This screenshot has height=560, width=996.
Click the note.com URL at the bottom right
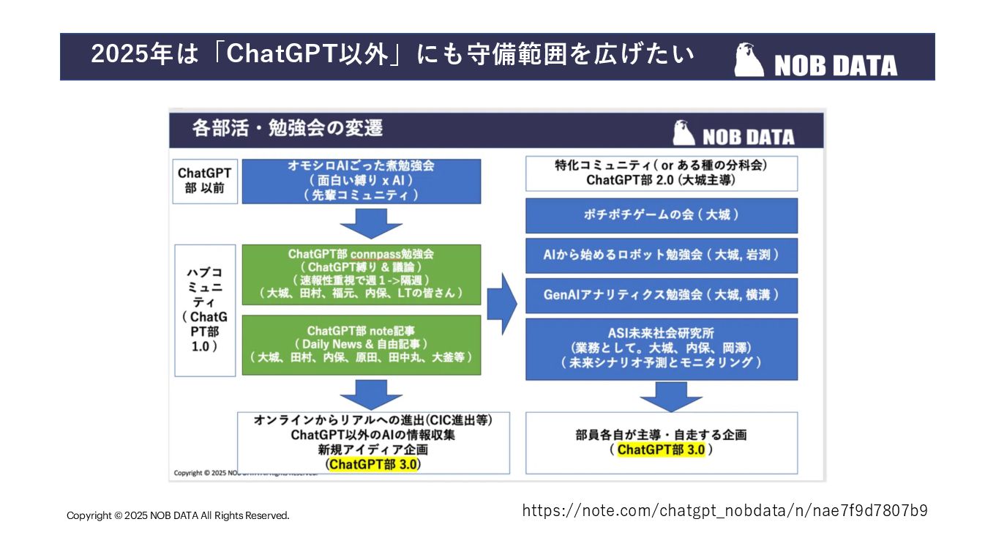(724, 510)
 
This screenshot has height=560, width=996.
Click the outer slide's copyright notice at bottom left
(178, 515)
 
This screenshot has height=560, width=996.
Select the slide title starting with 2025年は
(392, 56)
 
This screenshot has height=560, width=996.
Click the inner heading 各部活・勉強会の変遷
(287, 128)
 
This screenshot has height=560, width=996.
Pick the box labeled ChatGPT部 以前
(204, 181)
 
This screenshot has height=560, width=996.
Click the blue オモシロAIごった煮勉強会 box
(361, 181)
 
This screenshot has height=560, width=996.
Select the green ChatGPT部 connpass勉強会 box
(361, 274)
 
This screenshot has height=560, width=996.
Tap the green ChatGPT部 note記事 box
(361, 345)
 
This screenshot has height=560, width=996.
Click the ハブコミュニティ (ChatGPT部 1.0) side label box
(206, 310)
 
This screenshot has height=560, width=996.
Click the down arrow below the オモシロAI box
(371, 223)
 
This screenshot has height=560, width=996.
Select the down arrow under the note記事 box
(371, 395)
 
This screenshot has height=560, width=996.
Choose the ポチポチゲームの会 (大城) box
(661, 215)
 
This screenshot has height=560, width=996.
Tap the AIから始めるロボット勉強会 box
(661, 255)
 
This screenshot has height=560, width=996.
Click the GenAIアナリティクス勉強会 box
(661, 294)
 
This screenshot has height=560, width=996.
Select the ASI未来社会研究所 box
(661, 348)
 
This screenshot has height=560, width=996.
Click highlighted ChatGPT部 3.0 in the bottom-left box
(374, 464)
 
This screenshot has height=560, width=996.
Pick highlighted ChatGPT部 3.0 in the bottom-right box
(661, 449)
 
